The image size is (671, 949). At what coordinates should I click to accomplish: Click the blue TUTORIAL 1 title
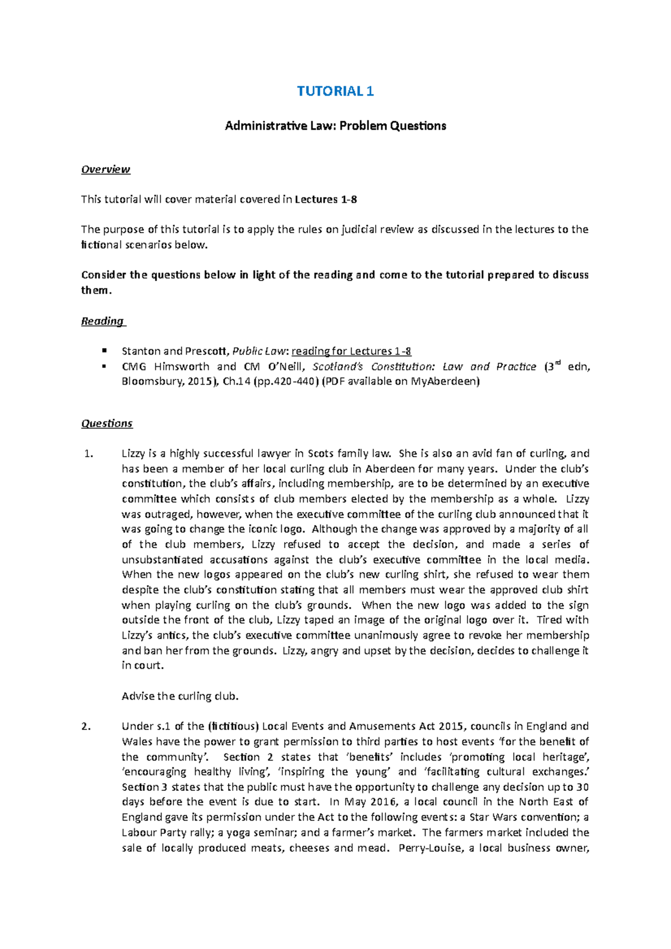[335, 91]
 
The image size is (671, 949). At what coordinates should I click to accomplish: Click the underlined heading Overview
[105, 169]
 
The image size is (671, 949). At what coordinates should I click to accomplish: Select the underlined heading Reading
[103, 321]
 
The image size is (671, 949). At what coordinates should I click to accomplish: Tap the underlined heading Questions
[107, 424]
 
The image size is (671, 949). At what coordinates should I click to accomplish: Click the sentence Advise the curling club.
[180, 696]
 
